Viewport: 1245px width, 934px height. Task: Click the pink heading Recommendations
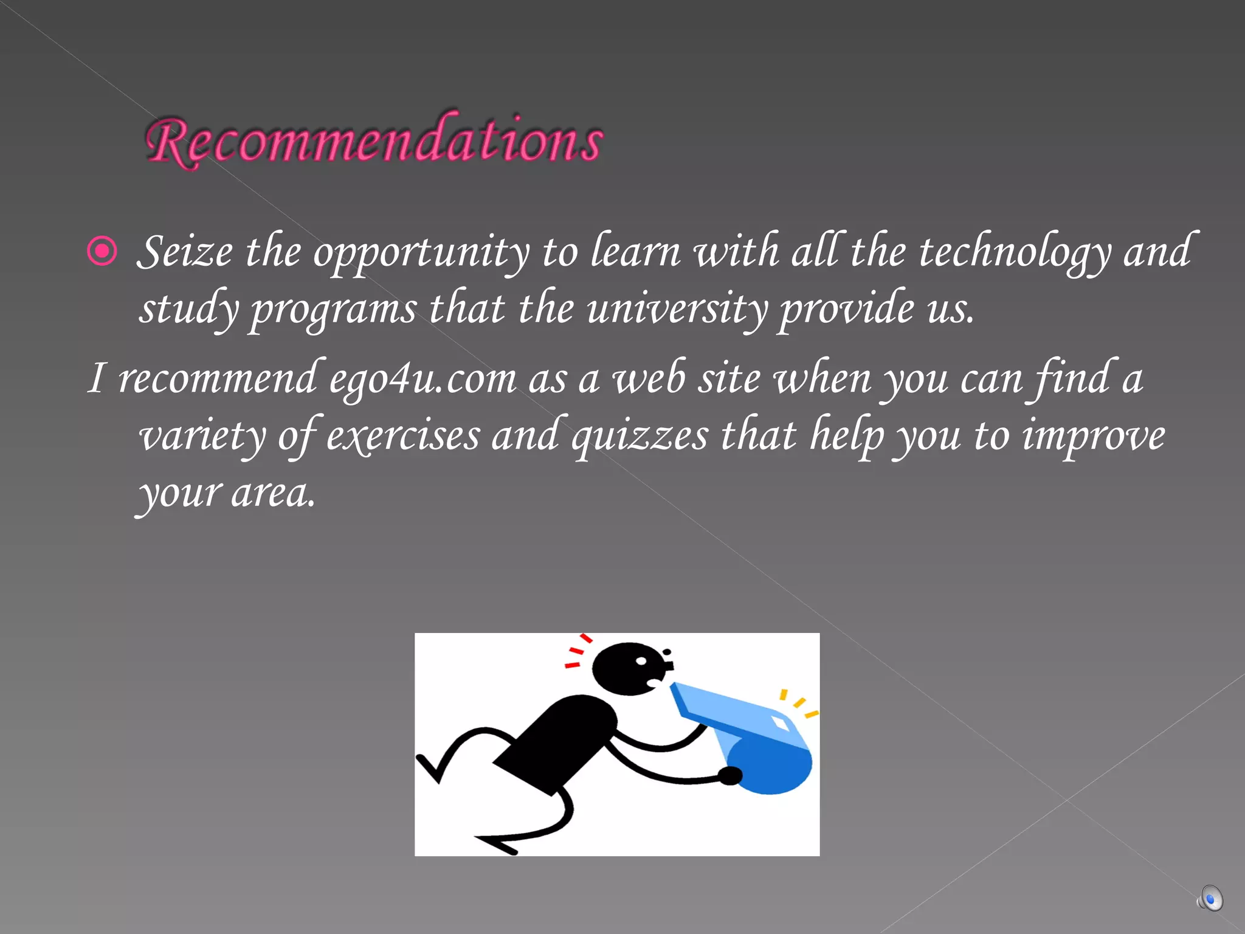pos(374,141)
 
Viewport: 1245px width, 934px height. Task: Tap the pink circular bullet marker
pos(102,251)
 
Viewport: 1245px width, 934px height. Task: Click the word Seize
pos(185,251)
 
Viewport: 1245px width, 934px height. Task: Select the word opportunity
pos(421,252)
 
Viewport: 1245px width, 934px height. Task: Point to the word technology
pos(1015,252)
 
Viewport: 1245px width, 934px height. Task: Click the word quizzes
pos(640,436)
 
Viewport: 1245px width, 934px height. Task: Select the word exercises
pos(402,436)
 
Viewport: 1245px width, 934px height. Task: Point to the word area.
pos(273,493)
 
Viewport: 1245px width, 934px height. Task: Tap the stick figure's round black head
pos(626,669)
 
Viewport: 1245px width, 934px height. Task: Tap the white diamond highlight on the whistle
pos(780,724)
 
